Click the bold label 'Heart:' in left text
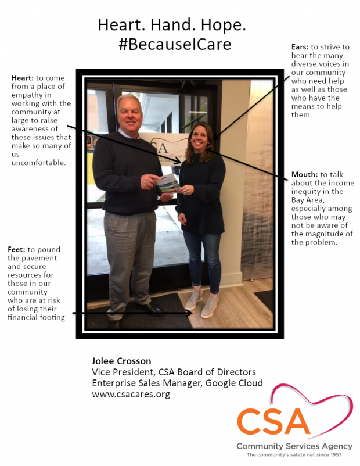click(21, 78)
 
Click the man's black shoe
click(151, 308)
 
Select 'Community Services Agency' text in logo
click(294, 446)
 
